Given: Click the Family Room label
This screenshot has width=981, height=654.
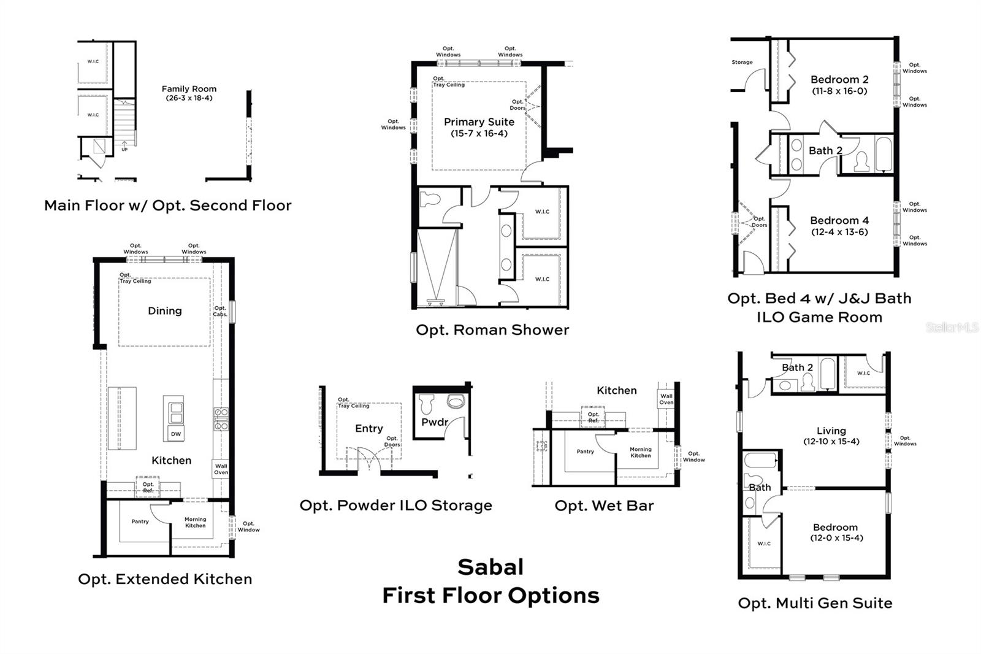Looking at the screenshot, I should click(x=189, y=89).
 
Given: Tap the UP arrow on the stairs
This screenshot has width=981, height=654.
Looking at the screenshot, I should click(x=124, y=146).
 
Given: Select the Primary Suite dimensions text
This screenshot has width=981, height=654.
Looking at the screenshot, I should click(x=479, y=134).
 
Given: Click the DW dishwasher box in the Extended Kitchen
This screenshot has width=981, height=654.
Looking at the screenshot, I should click(x=176, y=434).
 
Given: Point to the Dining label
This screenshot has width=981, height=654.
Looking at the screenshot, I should click(x=164, y=311).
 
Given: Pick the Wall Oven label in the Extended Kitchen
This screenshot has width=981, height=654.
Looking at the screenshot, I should click(x=221, y=469).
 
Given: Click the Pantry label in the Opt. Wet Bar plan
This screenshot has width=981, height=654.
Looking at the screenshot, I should click(x=585, y=452).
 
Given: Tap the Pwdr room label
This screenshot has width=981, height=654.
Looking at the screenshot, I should click(x=434, y=422).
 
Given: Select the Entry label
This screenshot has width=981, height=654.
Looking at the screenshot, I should click(x=368, y=429).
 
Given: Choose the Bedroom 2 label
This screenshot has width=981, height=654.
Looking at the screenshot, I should click(x=839, y=80).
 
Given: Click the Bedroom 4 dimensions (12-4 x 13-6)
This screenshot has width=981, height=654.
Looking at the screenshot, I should click(x=839, y=232).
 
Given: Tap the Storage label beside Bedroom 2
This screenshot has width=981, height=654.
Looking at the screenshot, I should click(x=742, y=63).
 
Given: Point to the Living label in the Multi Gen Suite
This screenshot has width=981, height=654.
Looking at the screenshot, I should click(x=831, y=431).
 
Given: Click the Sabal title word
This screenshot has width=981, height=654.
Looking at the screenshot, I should click(x=490, y=567).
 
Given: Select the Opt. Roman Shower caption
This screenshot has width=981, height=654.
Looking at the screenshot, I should click(x=492, y=330).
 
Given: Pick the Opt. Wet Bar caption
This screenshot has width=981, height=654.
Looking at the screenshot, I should click(x=604, y=506).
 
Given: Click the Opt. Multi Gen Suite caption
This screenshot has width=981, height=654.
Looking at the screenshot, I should click(x=815, y=603).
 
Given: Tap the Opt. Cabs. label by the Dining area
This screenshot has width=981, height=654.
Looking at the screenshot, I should click(x=220, y=311).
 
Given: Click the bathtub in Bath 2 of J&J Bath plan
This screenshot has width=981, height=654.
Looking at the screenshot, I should click(x=883, y=154).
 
